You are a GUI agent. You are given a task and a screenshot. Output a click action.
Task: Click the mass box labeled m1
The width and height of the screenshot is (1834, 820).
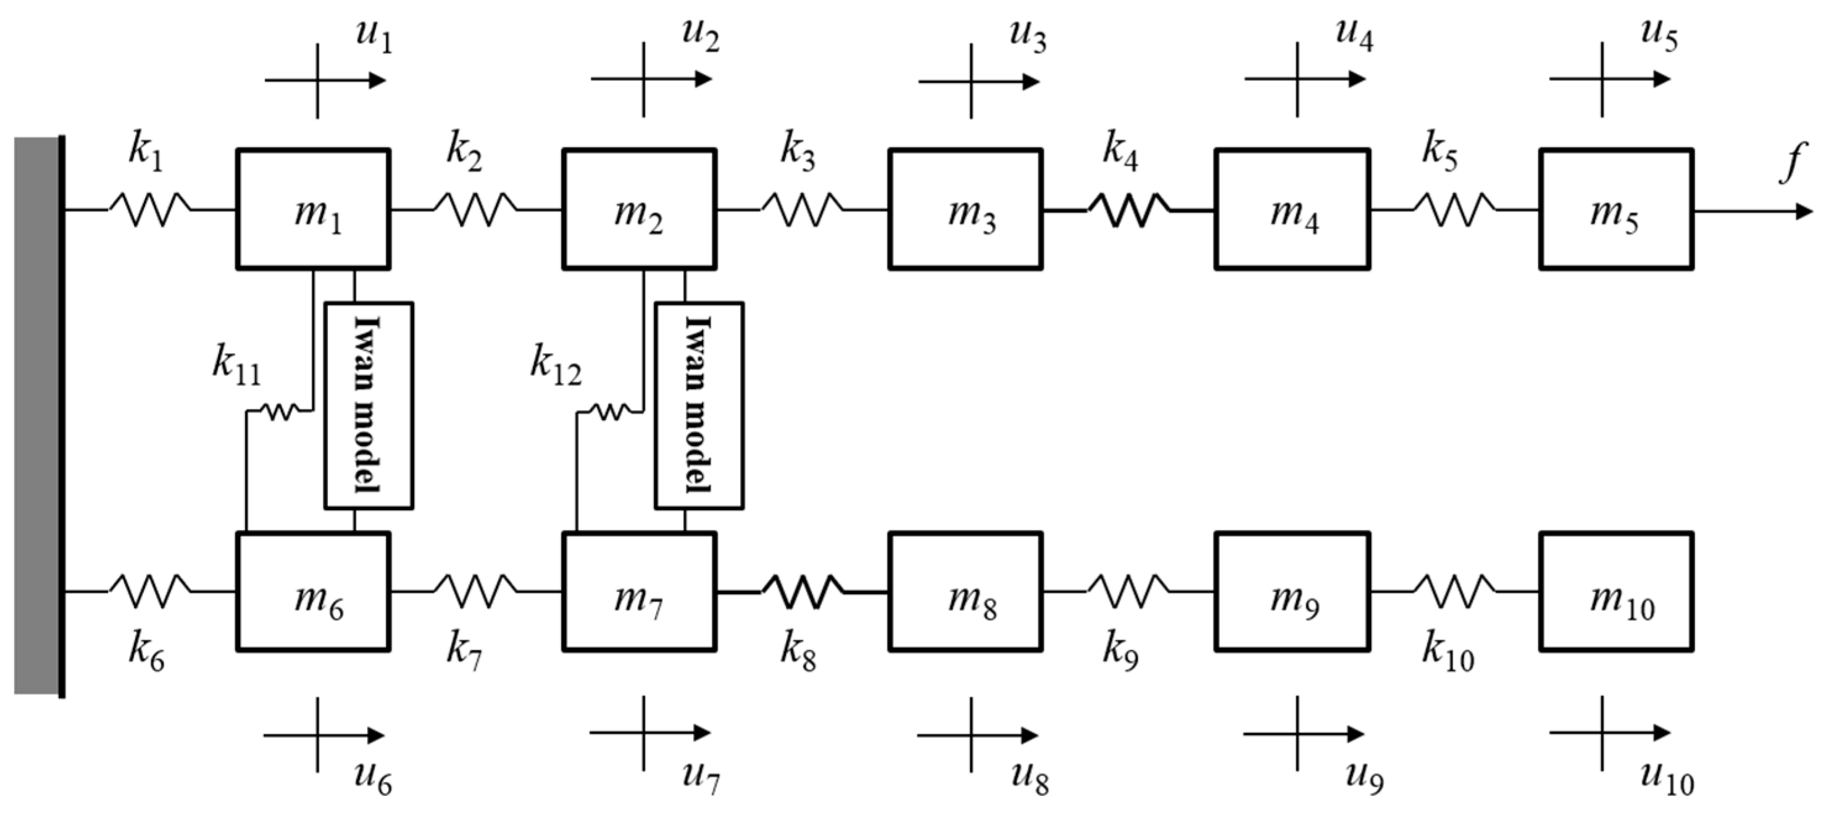[313, 209]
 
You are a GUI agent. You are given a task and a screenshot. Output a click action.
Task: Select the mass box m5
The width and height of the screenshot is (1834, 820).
[1616, 209]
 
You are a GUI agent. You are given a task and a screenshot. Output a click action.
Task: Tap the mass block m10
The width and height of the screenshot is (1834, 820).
[1616, 592]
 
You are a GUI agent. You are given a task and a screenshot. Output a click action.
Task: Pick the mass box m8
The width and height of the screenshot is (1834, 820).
[965, 592]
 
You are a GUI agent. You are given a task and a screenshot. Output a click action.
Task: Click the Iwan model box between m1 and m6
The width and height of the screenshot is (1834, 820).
[369, 406]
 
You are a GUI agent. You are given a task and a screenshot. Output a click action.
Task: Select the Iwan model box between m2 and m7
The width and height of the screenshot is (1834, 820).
[699, 406]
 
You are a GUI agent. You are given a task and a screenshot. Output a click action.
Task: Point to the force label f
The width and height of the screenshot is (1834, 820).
[1793, 162]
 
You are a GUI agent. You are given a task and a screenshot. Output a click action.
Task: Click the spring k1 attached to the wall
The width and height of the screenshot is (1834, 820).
[149, 209]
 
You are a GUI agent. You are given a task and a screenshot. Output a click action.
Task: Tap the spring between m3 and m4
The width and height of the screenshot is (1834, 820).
[1128, 209]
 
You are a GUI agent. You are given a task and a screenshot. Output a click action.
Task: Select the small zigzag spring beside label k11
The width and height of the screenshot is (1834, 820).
[278, 411]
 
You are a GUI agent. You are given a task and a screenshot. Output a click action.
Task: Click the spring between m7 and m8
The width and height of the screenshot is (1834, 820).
[802, 592]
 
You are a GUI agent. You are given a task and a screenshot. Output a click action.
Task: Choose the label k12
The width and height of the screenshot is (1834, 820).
[556, 366]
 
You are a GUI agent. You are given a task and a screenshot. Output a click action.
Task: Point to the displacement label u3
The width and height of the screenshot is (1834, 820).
[1027, 37]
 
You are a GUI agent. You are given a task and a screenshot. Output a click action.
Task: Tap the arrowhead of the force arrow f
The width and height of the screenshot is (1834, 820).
[1803, 212]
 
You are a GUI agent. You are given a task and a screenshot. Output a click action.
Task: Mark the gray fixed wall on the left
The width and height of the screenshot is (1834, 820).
[36, 416]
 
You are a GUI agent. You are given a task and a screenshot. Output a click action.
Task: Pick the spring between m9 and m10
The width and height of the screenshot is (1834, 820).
[1454, 592]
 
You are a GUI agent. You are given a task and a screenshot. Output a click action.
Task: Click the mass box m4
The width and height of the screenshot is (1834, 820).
[1292, 209]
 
